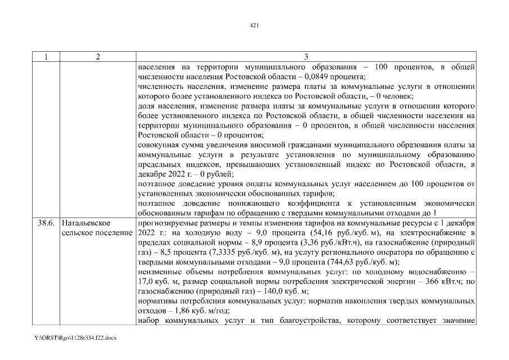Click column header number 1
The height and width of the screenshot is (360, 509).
tap(46, 57)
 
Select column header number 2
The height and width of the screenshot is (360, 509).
tap(98, 57)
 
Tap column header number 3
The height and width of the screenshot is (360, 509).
tap(307, 57)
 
